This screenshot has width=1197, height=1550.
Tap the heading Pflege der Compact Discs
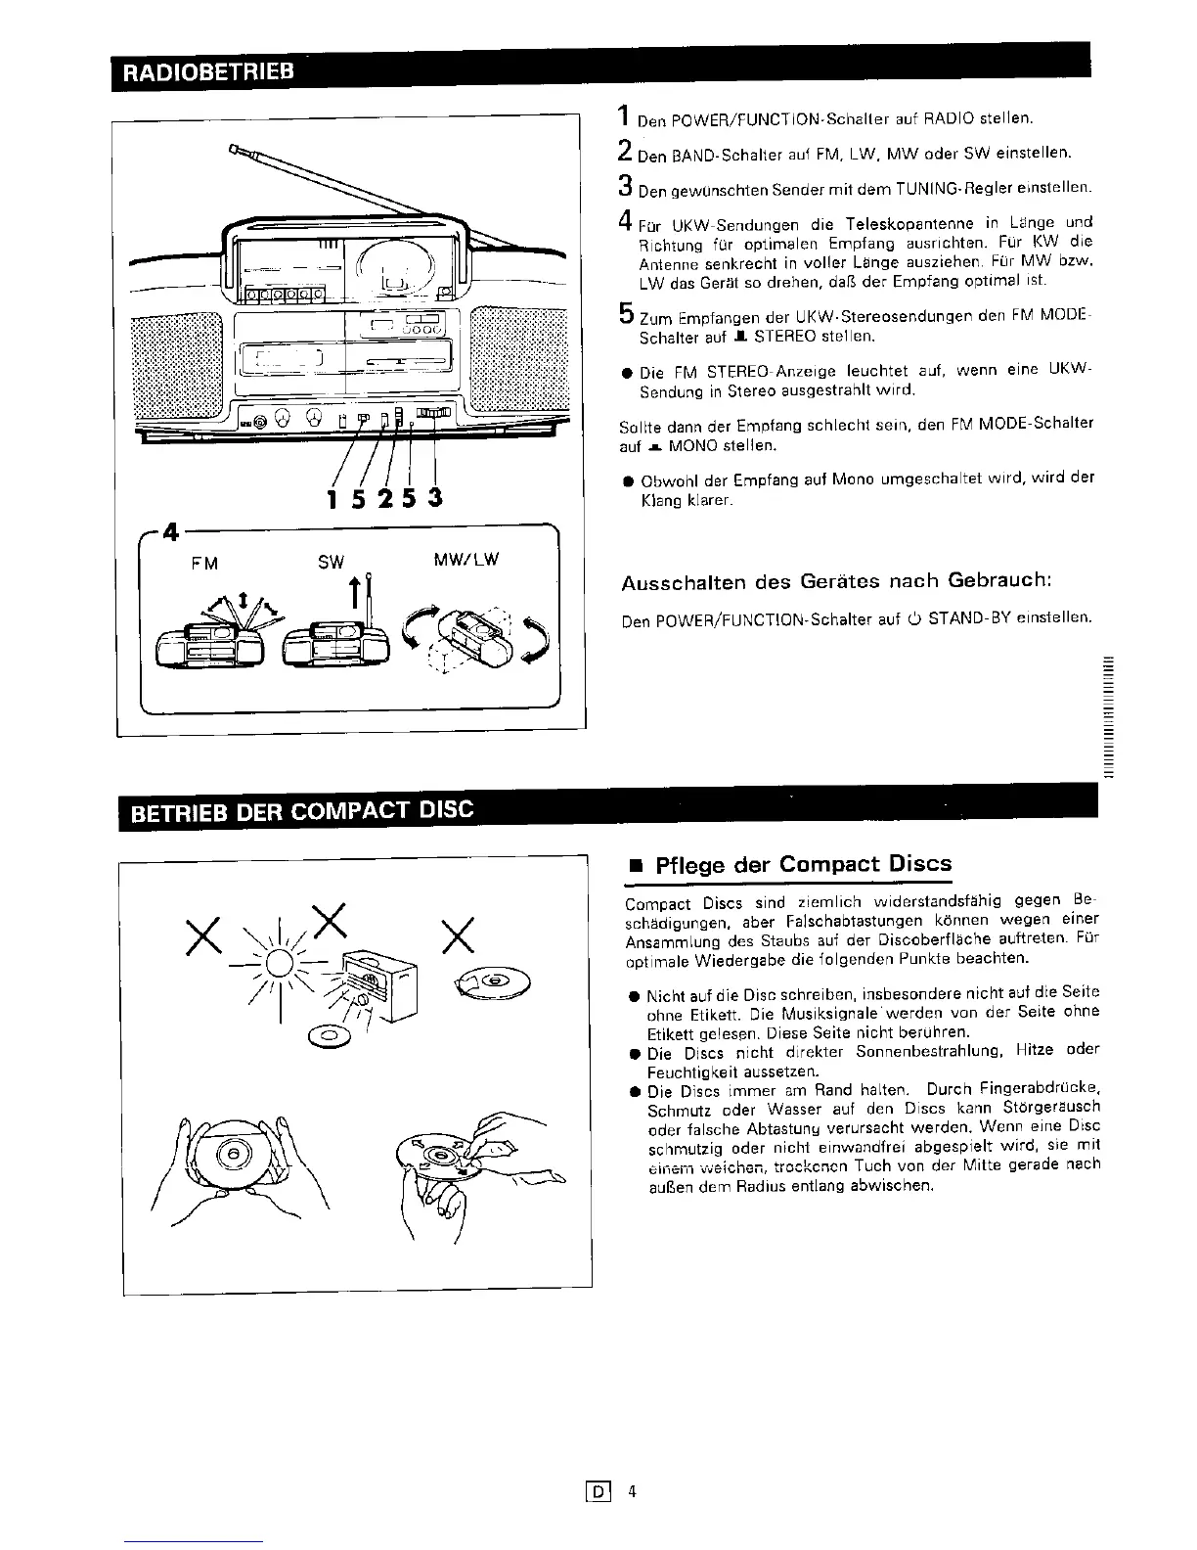802,864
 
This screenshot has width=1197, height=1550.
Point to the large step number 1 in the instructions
623,116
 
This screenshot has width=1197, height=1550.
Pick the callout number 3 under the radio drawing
435,498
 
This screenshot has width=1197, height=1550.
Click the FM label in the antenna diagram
205,563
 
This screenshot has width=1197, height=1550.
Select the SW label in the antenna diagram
332,563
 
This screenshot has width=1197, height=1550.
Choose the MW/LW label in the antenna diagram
466,561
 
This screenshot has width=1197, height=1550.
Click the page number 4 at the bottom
633,1492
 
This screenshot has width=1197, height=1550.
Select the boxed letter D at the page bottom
598,1492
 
